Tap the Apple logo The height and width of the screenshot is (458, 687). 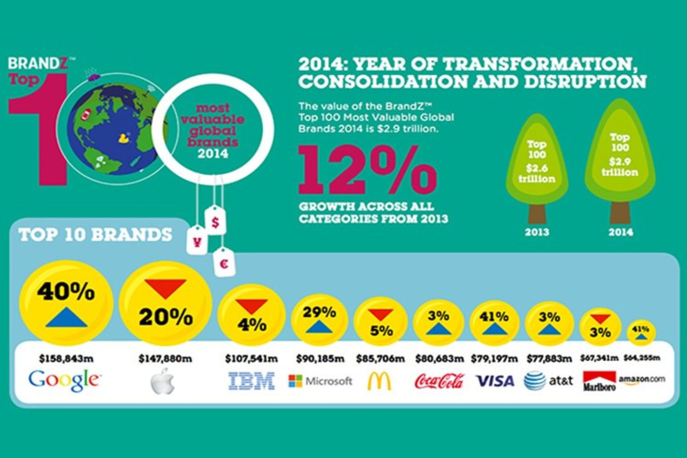(163, 381)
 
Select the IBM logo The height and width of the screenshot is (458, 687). (252, 381)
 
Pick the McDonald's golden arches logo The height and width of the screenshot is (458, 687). (379, 381)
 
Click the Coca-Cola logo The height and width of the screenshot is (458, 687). (439, 381)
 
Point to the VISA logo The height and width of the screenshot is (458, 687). (494, 381)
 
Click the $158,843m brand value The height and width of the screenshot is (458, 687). (66, 359)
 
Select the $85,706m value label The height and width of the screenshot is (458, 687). (380, 359)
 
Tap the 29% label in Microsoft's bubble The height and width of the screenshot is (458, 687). (319, 312)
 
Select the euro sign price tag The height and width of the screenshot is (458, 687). (224, 264)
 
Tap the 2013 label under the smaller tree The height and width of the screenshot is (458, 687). (537, 232)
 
